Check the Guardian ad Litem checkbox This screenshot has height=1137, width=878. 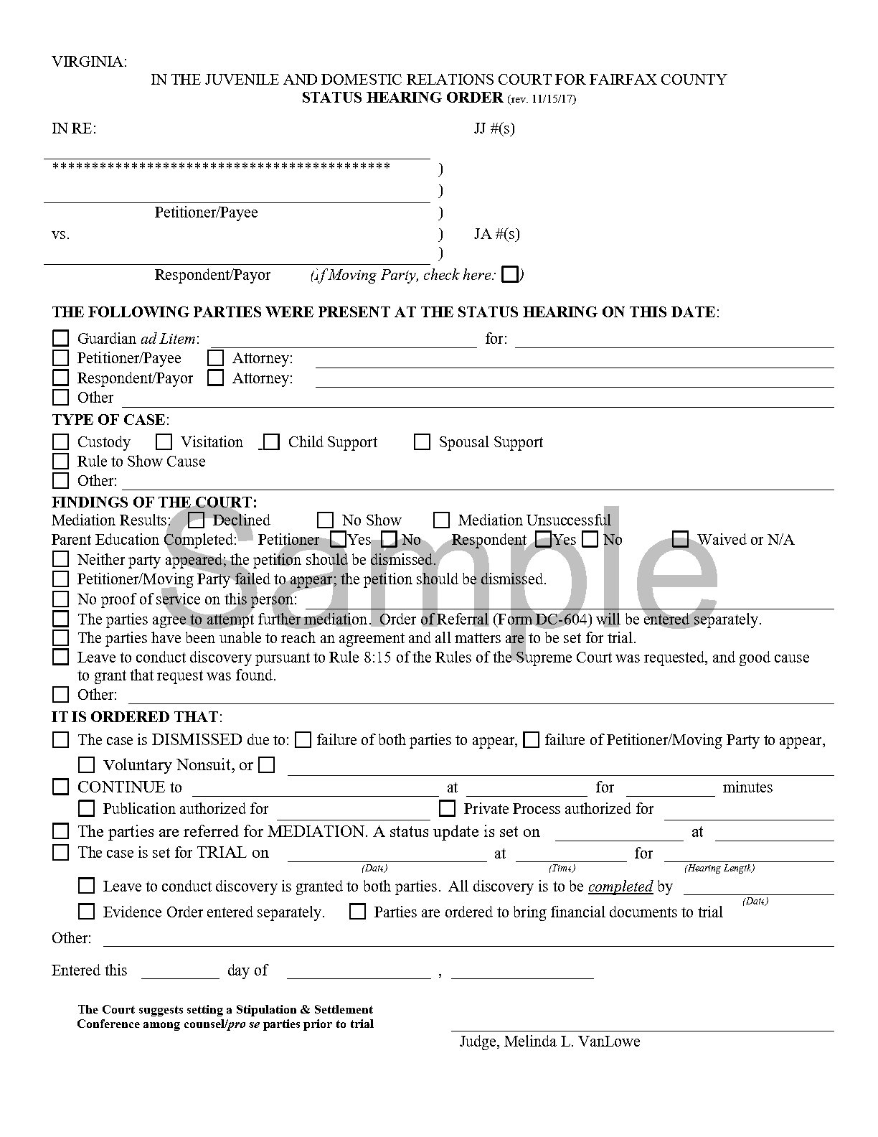coord(61,338)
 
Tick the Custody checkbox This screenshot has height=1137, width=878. coord(61,442)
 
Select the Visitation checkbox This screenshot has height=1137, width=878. coord(164,442)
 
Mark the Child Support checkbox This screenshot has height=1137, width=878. coord(271,442)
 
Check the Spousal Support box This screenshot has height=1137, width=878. coord(422,442)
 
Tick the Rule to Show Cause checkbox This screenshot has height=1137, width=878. coord(61,462)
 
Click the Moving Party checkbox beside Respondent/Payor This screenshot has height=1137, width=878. coord(510,274)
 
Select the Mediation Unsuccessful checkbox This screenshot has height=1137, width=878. coord(442,520)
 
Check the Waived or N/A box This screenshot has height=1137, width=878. coord(681,539)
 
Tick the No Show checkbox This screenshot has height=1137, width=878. coord(326,520)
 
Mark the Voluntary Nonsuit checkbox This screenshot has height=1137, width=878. coord(87,765)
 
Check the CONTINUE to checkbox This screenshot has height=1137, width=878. coord(61,787)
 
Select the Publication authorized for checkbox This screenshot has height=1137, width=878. coord(87,809)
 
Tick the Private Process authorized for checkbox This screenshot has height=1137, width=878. coord(447,809)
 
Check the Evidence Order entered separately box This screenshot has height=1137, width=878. coord(87,912)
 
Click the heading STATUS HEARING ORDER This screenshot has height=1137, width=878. coord(402,98)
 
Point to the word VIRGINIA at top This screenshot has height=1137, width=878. coord(89,62)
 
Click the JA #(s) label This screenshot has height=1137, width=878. coord(496,234)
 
